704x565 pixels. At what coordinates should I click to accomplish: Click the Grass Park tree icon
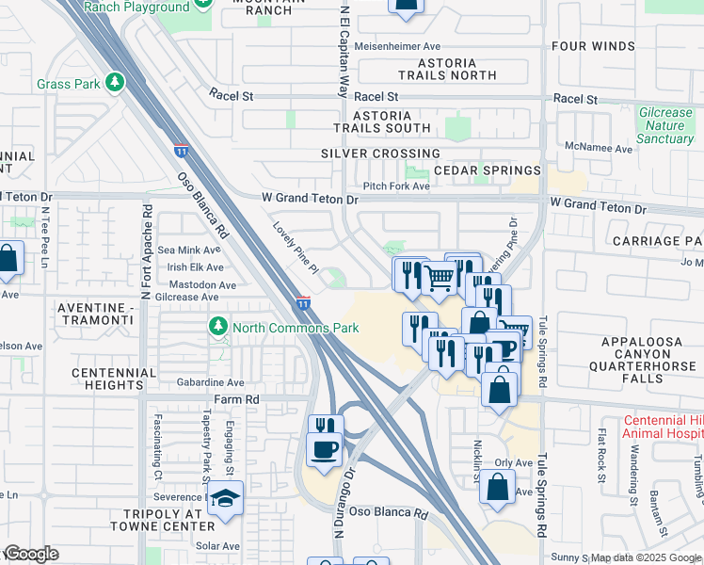click(x=116, y=84)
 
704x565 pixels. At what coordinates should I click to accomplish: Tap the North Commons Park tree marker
click(x=218, y=327)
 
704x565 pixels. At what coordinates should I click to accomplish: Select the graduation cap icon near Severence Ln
click(x=226, y=498)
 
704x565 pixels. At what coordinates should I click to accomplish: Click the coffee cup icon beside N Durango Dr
click(x=325, y=449)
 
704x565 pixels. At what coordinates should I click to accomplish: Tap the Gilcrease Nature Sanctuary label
click(x=665, y=125)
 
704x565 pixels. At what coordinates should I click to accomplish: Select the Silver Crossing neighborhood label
click(x=380, y=153)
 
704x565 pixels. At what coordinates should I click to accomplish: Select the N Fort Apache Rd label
click(x=146, y=250)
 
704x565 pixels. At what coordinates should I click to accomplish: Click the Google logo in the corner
click(x=30, y=553)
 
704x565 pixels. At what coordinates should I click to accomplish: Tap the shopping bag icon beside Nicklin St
click(x=498, y=487)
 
